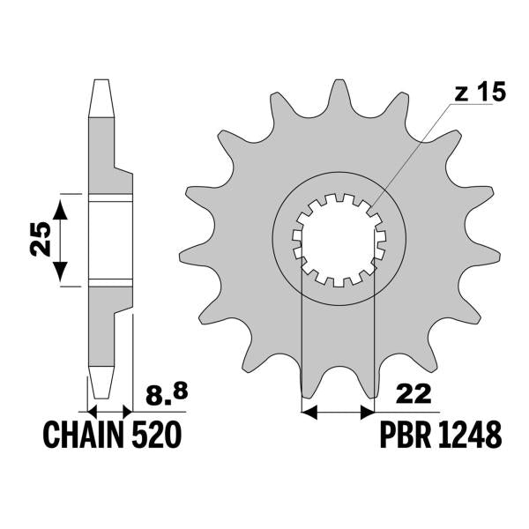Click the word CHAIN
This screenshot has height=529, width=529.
click(84, 435)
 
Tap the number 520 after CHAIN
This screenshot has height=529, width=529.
click(157, 435)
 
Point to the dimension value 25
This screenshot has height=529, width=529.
click(41, 239)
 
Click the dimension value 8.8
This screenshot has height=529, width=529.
click(167, 394)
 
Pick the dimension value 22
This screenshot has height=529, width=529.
click(414, 394)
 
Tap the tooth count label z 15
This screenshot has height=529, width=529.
click(481, 91)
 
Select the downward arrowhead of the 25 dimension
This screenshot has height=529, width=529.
click(60, 271)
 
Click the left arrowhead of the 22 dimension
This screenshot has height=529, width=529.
click(309, 412)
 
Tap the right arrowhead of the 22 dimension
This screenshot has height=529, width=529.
click(367, 412)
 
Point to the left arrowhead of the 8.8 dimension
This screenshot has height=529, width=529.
click(92, 412)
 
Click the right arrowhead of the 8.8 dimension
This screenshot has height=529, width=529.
click(128, 412)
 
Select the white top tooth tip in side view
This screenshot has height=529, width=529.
click(101, 98)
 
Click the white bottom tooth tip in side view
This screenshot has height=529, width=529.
click(101, 383)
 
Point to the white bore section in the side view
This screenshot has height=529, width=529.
click(110, 241)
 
